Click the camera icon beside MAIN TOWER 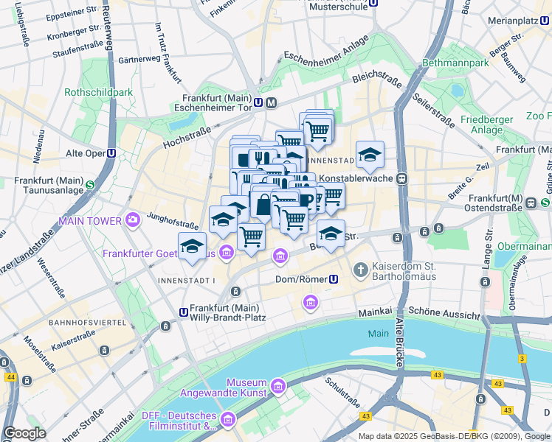(132, 219)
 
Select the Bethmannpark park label (456, 63)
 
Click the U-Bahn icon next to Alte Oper (111, 153)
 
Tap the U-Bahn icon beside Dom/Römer (334, 279)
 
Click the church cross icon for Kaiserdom (361, 270)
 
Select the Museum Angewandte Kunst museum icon (277, 386)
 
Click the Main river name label (378, 334)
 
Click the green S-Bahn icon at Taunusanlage (89, 186)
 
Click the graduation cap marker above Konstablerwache (370, 154)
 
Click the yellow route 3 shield (522, 359)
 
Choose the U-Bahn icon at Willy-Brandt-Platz (183, 312)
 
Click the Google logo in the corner (24, 433)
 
